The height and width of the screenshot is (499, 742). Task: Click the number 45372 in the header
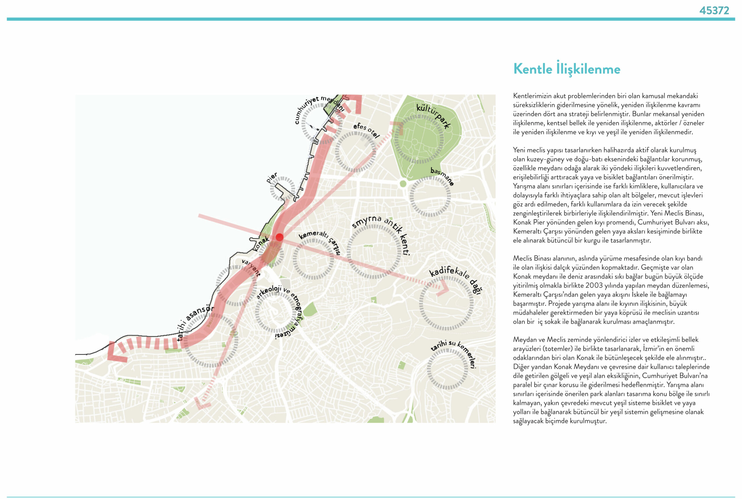point(714,10)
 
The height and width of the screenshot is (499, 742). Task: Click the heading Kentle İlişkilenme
point(566,69)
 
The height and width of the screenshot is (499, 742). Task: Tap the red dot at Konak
point(279,237)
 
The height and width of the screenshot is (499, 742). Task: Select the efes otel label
point(366,130)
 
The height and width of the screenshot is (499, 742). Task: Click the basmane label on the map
point(442,176)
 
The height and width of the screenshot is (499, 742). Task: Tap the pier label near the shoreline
point(272,177)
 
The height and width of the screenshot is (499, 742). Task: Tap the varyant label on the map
point(251,267)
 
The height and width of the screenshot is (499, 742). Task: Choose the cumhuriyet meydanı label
point(318,107)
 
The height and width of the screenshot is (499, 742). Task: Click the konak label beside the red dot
point(261,244)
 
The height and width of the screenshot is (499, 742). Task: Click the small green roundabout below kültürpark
point(403,184)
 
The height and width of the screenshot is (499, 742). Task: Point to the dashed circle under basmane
point(430,197)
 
